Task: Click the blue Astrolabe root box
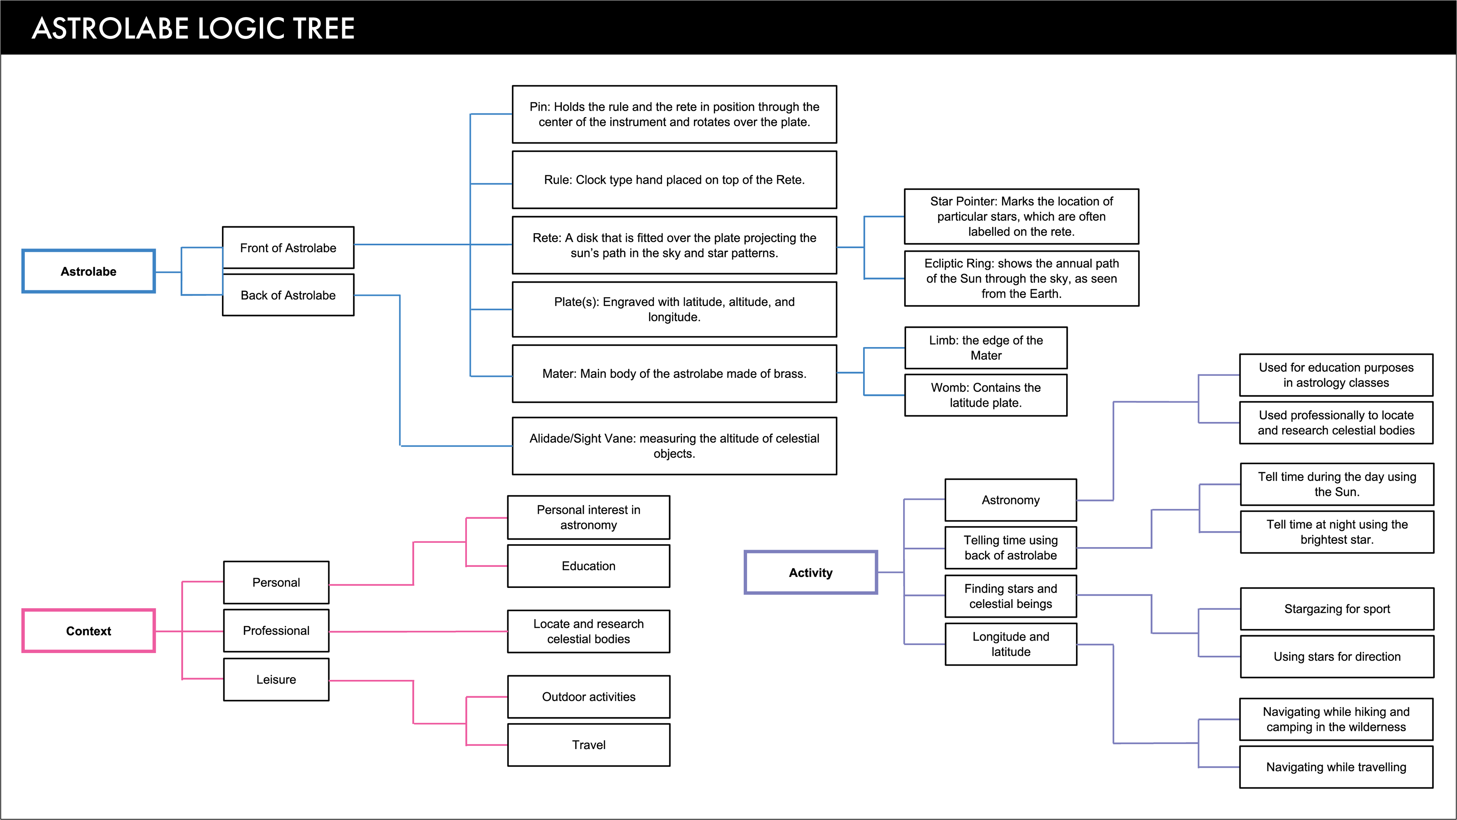pos(89,272)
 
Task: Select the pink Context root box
pos(89,631)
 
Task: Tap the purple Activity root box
pos(810,572)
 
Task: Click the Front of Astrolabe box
pos(288,248)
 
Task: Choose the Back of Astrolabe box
pos(288,295)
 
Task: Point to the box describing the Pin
pos(674,114)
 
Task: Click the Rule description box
pos(674,180)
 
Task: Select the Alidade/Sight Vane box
pos(674,446)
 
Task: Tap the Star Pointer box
pos(1021,216)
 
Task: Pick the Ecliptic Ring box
pos(1021,278)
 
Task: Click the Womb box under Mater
pos(986,395)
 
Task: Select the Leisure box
pos(276,679)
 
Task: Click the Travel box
pos(589,745)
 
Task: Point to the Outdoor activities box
pos(589,697)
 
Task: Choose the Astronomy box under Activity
pos(1011,500)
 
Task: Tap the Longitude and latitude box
pos(1011,644)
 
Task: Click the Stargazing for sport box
pos(1337,608)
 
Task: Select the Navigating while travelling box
pos(1336,767)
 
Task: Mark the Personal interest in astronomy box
pos(589,517)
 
